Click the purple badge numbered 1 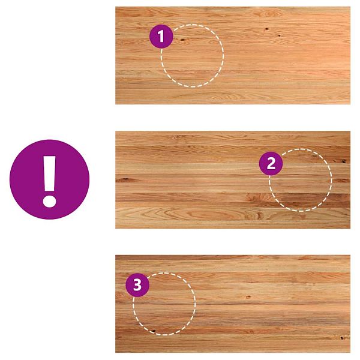[x=161, y=36]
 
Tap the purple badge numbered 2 [x=271, y=163]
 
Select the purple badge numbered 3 [x=137, y=285]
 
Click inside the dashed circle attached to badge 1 [x=193, y=56]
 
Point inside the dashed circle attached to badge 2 [x=301, y=180]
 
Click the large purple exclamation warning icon [x=49, y=179]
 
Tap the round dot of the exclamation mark [x=49, y=201]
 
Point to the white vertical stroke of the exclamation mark [x=49, y=173]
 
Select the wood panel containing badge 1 [x=233, y=55]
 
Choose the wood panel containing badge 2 [x=233, y=180]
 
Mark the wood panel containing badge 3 [x=233, y=304]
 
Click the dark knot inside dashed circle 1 [x=182, y=40]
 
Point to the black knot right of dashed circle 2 [x=343, y=161]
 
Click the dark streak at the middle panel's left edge [x=124, y=179]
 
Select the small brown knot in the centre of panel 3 [x=248, y=297]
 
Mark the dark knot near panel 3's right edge [x=342, y=338]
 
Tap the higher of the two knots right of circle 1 [x=266, y=29]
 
